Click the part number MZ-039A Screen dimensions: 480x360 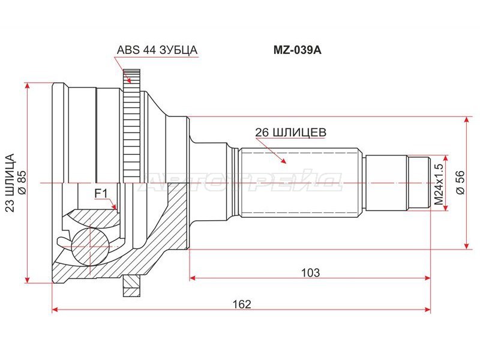(297, 50)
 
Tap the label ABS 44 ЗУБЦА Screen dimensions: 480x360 (157, 50)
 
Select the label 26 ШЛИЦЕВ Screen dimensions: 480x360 (291, 133)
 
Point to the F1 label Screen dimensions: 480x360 (101, 193)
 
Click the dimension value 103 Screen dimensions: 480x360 (310, 272)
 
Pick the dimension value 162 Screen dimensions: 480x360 (242, 304)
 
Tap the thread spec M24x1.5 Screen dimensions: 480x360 (439, 184)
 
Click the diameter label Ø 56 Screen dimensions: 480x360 (460, 182)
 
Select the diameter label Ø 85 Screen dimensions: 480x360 (22, 182)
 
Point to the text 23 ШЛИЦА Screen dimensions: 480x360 (10, 183)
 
